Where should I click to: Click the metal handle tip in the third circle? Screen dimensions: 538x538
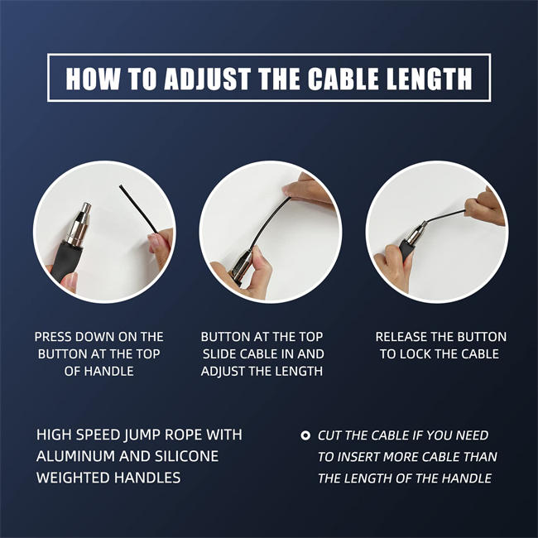pos(416,233)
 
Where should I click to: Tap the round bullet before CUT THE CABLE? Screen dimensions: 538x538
pos(305,435)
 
